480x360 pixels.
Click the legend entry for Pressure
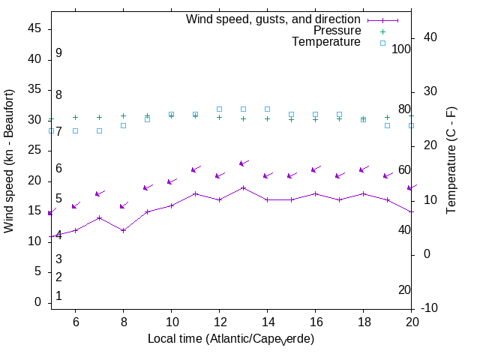click(x=337, y=31)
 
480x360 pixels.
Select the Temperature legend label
click(x=326, y=42)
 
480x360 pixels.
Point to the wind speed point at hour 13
click(x=243, y=187)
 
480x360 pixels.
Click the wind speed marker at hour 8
click(x=123, y=230)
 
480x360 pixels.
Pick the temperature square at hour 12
click(x=219, y=109)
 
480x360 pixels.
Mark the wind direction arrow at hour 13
click(x=243, y=163)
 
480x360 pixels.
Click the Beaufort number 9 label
click(x=58, y=53)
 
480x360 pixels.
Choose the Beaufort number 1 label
click(x=58, y=296)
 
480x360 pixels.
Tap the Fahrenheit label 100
click(x=402, y=49)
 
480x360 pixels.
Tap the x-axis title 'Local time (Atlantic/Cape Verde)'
click(x=231, y=339)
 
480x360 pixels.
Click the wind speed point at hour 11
click(x=195, y=193)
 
